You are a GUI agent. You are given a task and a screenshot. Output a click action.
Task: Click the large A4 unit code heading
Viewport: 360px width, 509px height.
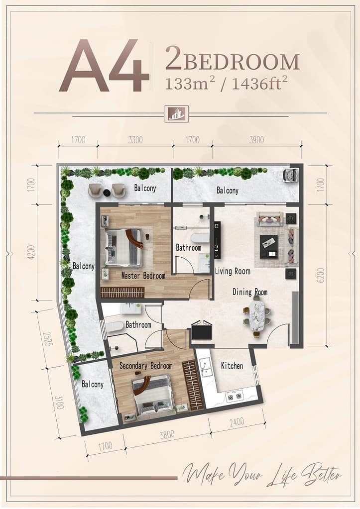point(104,66)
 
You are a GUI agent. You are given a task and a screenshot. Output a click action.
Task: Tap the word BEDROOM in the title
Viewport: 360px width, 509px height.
point(241,62)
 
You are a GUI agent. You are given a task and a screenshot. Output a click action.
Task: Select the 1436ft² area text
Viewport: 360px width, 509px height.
point(259,84)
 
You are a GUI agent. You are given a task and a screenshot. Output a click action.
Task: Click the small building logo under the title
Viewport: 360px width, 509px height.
point(176,113)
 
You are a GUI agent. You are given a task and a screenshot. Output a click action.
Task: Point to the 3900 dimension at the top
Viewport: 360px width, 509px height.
point(256,140)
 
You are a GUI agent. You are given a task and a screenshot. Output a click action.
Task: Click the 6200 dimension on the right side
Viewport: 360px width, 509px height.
point(320,275)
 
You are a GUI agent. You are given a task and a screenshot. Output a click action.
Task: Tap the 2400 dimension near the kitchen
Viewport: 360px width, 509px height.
point(237,422)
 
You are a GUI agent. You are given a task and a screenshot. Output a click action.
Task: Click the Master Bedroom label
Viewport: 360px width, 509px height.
point(143,276)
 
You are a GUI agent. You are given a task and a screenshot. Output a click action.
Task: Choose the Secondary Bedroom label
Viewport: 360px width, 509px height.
point(146,366)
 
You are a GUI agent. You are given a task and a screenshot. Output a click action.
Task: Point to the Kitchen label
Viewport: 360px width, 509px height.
point(232,366)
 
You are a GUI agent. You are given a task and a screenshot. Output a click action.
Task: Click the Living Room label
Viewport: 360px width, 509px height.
point(233,271)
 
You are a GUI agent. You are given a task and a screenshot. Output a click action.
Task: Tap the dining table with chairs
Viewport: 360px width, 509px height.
point(256,318)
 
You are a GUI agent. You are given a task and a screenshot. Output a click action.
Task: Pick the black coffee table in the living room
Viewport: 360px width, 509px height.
point(269,246)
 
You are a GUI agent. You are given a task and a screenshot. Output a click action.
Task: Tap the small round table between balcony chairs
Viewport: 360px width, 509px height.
point(106,193)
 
